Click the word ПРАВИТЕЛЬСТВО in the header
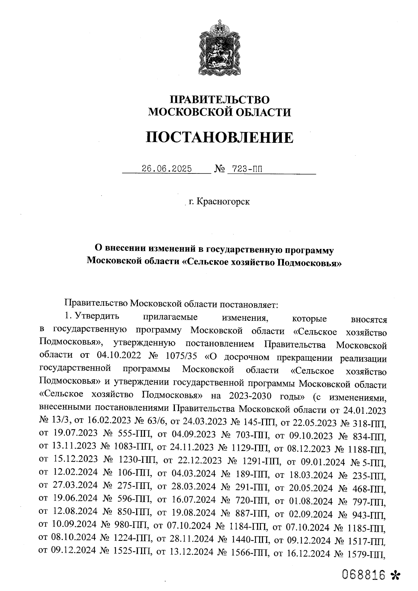click(x=219, y=100)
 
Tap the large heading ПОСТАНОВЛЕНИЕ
click(x=219, y=138)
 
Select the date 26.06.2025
click(x=167, y=169)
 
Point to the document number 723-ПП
click(x=244, y=169)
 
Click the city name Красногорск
click(x=223, y=202)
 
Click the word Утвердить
click(x=97, y=317)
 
